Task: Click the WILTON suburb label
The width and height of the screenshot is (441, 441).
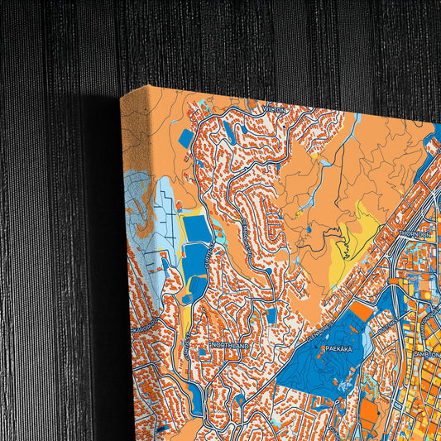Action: click(276, 108)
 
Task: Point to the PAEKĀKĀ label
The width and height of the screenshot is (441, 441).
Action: click(338, 349)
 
